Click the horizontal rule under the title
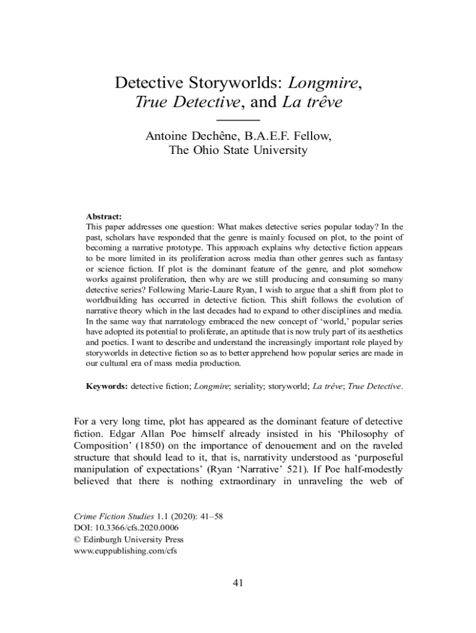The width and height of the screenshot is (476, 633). click(239, 118)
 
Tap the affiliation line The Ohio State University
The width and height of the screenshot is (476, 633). click(238, 150)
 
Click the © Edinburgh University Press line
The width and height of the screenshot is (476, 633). click(119, 540)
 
